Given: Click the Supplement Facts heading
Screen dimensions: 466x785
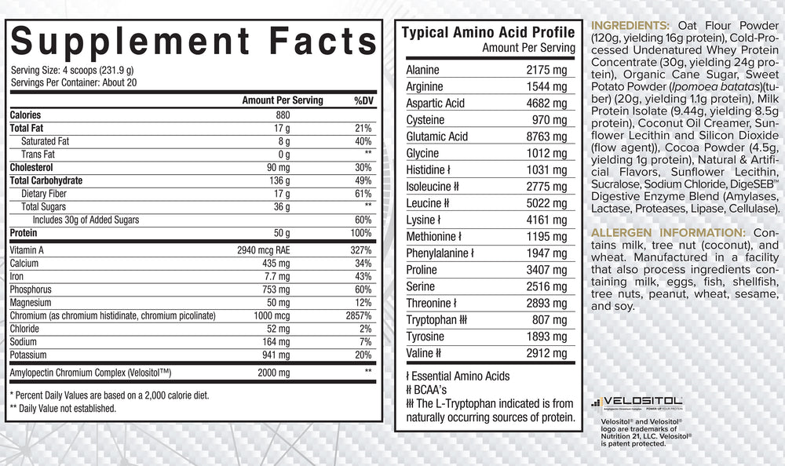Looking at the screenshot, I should coord(194,41).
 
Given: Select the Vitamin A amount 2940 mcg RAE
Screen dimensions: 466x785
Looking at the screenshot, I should coord(266,250).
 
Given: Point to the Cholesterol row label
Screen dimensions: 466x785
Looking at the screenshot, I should coord(35,167).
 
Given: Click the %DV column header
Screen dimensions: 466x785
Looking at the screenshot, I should coord(363,100).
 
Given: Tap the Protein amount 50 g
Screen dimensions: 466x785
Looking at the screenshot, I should coord(282,233).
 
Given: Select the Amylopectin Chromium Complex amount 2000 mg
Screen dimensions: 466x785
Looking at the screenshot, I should coord(274,372).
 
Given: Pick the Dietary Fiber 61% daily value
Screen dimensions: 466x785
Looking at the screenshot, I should coord(363,193).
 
